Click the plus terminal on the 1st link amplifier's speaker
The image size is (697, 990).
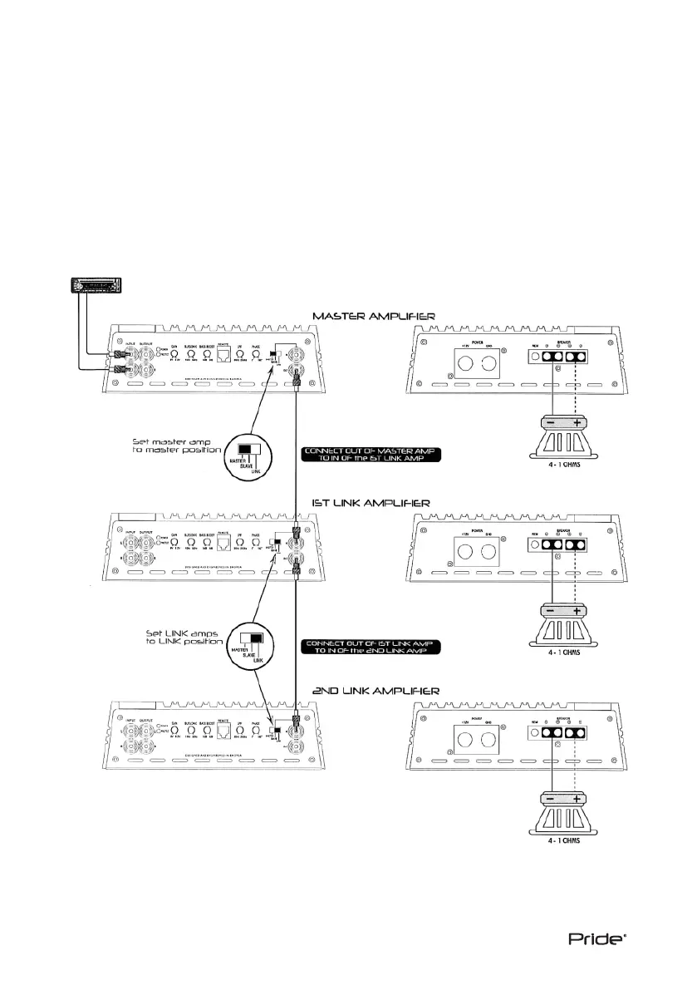coord(577,612)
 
